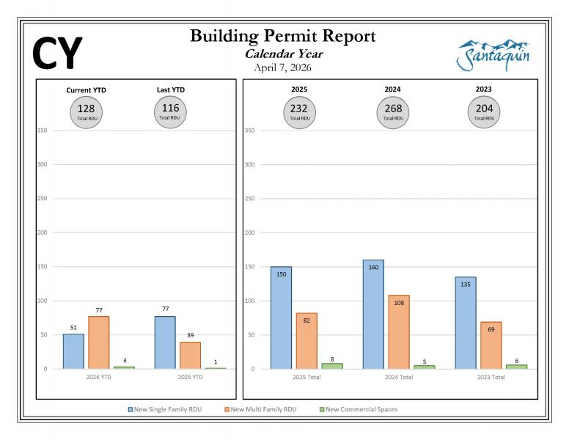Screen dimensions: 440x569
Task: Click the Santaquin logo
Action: [x=493, y=55]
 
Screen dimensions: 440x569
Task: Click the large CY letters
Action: [x=58, y=53]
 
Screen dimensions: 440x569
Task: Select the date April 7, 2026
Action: [x=283, y=67]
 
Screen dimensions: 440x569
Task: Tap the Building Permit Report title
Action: [x=283, y=37]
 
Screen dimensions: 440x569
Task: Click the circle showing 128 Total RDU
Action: [x=86, y=111]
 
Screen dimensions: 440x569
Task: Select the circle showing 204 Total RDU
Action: [x=484, y=111]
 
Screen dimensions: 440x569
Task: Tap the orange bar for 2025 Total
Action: [x=306, y=340]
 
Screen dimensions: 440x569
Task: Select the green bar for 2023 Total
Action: [x=516, y=366]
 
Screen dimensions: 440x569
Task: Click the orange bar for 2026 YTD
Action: [x=98, y=342]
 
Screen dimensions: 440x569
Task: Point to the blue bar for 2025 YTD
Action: [x=165, y=342]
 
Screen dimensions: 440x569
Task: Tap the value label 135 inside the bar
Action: [x=465, y=285]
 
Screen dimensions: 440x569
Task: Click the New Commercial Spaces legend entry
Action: [x=359, y=409]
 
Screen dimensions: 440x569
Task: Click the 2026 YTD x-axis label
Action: [x=98, y=378]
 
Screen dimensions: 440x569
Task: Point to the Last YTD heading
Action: [x=171, y=89]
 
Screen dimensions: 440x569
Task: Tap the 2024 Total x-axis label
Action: [x=398, y=378]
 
